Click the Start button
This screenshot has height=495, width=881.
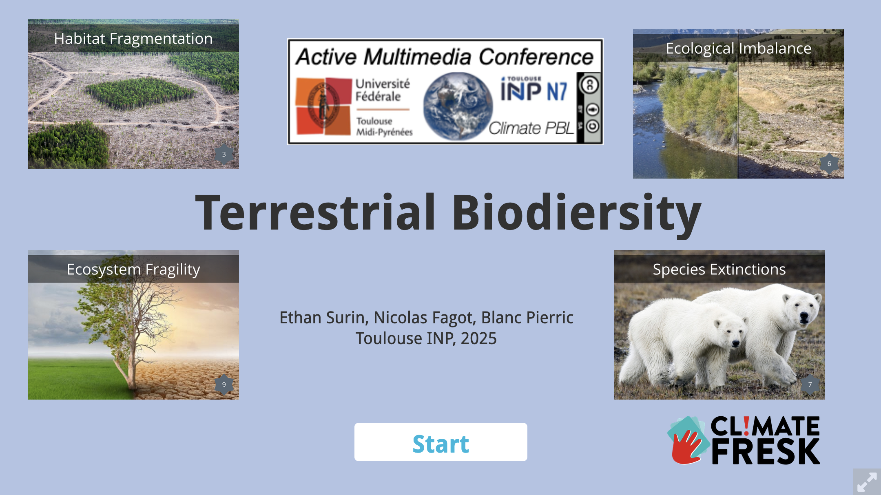(x=440, y=442)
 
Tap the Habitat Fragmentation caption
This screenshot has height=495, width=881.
(x=133, y=39)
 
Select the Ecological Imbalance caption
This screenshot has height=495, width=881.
(x=739, y=49)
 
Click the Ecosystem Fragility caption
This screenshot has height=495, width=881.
(x=133, y=270)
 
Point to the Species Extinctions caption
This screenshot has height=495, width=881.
(x=719, y=270)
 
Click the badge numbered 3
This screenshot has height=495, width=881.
(x=224, y=154)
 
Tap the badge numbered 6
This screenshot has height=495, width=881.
(x=829, y=164)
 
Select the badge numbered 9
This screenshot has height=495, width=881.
(x=224, y=385)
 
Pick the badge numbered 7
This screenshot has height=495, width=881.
(x=810, y=385)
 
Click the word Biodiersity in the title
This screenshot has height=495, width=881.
(x=577, y=213)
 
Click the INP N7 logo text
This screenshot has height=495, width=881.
(x=534, y=90)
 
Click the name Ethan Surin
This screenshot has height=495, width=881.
(x=324, y=318)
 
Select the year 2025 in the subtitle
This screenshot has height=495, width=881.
(x=478, y=338)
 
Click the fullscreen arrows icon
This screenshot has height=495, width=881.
(x=867, y=482)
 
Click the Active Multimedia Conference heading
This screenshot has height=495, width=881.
(x=445, y=56)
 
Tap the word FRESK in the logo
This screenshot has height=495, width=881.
(x=766, y=451)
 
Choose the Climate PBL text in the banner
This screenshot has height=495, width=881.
(x=531, y=128)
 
